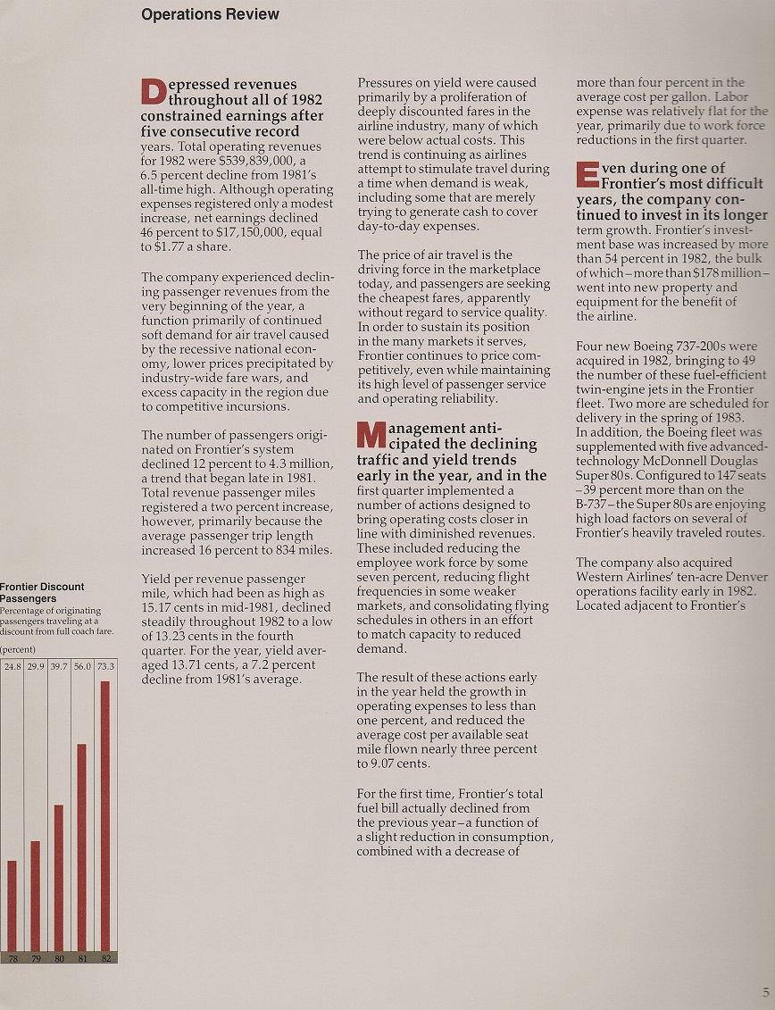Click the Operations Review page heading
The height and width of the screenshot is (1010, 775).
[x=210, y=14]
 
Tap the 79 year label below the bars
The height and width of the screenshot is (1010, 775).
[x=36, y=957]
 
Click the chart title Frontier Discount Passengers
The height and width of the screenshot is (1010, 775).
[x=42, y=592]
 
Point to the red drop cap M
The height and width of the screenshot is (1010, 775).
[x=370, y=435]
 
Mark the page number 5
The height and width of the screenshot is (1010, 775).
[x=765, y=992]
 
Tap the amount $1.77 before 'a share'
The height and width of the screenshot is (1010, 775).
[x=171, y=247]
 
